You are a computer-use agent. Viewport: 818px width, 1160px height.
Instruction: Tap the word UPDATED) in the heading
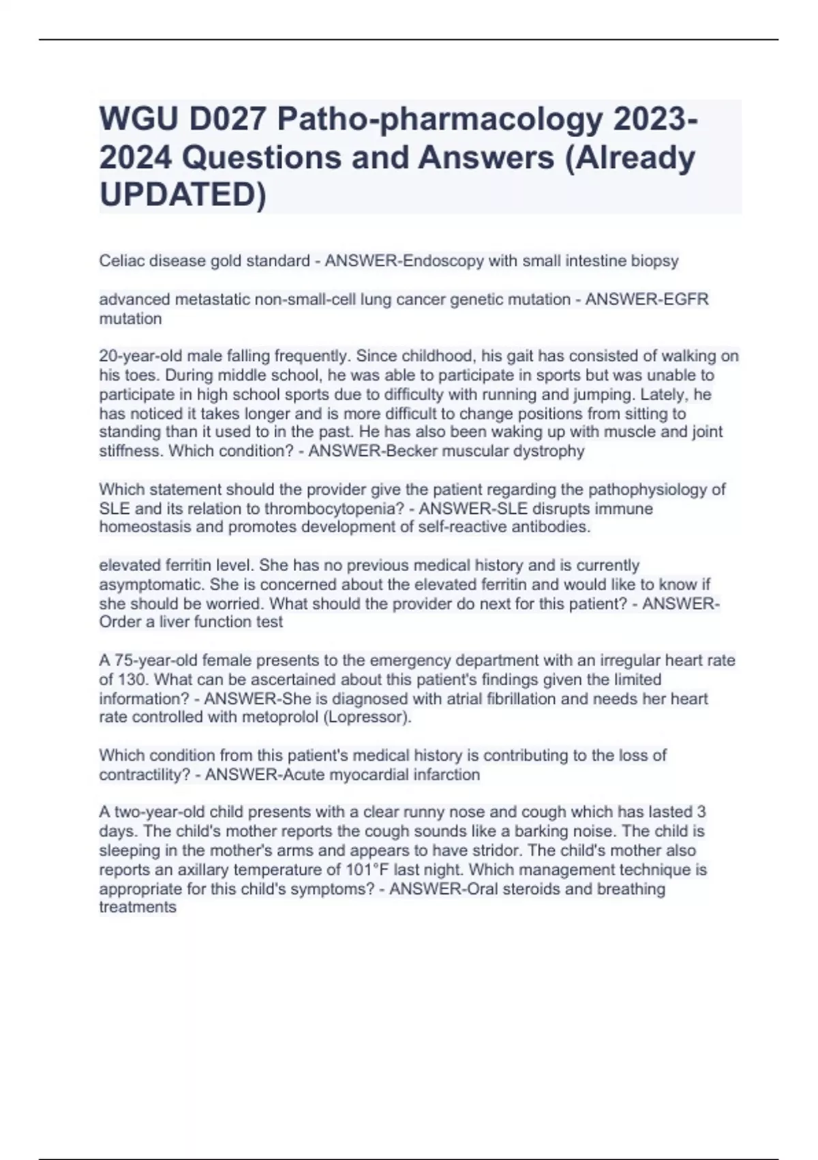183,194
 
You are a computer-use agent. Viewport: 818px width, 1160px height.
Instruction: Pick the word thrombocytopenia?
337,508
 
